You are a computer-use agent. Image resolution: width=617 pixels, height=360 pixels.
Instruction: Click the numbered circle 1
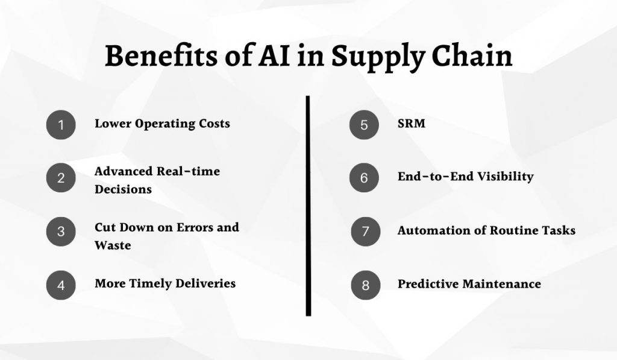tap(61, 125)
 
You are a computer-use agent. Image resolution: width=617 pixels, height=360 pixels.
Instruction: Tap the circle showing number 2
tap(61, 178)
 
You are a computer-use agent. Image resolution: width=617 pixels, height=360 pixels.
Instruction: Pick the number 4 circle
tap(61, 285)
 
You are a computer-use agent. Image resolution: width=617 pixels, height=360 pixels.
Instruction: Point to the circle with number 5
tap(365, 125)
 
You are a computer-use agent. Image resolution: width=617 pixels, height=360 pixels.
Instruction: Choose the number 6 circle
tap(365, 178)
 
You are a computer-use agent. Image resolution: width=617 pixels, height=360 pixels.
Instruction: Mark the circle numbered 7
tap(366, 232)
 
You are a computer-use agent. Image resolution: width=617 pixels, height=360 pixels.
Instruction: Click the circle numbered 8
tap(366, 285)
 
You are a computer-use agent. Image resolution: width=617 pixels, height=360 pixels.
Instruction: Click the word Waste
tap(113, 245)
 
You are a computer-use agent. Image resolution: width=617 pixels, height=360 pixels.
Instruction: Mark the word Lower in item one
tap(113, 124)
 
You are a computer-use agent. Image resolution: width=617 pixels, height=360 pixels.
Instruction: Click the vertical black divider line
tap(308, 205)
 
